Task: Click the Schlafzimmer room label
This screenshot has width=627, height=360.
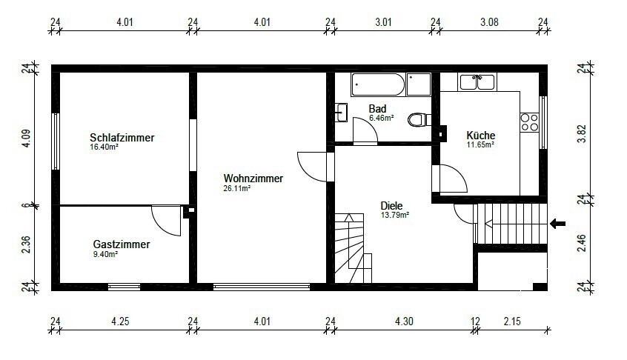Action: click(122, 138)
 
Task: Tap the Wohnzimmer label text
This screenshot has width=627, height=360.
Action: click(253, 179)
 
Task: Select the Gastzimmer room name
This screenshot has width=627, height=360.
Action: click(122, 244)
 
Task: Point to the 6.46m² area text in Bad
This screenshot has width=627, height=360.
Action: click(382, 118)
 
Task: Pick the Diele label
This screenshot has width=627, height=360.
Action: click(391, 206)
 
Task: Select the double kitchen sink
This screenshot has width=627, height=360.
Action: click(477, 82)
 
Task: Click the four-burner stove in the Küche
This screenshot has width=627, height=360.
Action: click(529, 123)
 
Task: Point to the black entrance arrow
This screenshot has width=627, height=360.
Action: click(558, 224)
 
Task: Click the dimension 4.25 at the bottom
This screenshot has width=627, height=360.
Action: click(120, 321)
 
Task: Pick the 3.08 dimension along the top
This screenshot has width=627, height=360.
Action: click(489, 22)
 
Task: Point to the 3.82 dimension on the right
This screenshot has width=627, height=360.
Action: click(582, 134)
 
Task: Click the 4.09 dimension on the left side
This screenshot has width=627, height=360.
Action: click(26, 139)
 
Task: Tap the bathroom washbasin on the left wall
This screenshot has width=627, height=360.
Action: click(341, 113)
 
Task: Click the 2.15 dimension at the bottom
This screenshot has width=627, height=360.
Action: click(512, 321)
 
